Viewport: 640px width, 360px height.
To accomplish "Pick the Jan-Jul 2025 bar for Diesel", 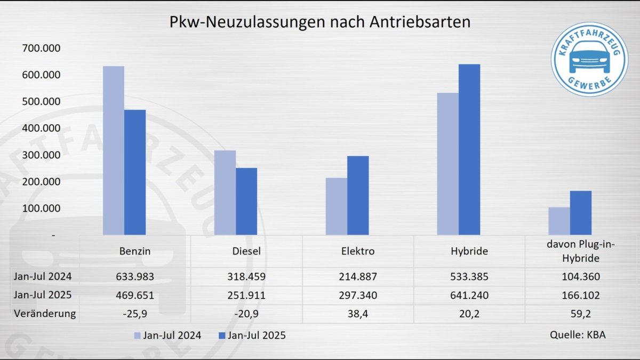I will pos(246,201).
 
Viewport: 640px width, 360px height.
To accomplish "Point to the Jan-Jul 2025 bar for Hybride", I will pos(469,149).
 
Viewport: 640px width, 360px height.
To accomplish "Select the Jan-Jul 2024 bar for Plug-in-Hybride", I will pos(559,221).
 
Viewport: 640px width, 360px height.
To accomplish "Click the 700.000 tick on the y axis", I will pos(41,49).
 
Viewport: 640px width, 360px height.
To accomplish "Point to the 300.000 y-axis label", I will pos(41,155).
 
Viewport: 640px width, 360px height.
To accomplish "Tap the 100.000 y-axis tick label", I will pos(41,209).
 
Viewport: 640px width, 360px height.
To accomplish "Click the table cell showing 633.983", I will pos(135,277).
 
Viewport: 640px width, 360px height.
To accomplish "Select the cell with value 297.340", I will pos(358,295).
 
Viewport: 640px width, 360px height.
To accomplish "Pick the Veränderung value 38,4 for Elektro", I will pos(358,314).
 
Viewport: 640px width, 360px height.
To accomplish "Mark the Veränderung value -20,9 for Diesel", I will pos(246,314).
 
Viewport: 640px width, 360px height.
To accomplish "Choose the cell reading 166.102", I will pos(581,295).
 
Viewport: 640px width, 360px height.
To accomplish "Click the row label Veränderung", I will pos(45,314).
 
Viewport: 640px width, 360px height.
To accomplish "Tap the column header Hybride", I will pos(469,251).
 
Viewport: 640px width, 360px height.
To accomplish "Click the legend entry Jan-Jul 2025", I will pos(252,335).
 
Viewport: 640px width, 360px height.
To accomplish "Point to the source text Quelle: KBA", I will pos(578,335).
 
